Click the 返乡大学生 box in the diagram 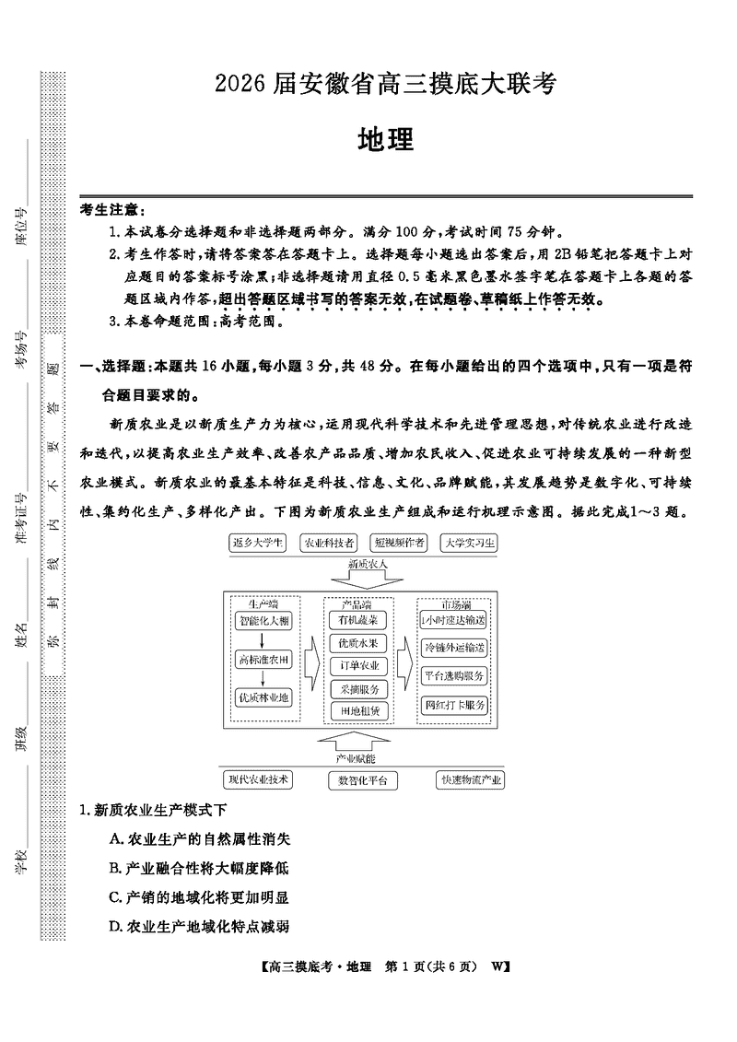pyautogui.click(x=257, y=543)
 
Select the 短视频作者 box pyautogui.click(x=399, y=543)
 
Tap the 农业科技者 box pyautogui.click(x=328, y=543)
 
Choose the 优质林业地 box pyautogui.click(x=263, y=697)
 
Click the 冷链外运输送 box pyautogui.click(x=453, y=648)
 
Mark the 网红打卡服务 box pyautogui.click(x=453, y=705)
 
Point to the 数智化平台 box pyautogui.click(x=363, y=780)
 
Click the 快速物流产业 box pyautogui.click(x=471, y=779)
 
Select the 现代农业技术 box pyautogui.click(x=259, y=779)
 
